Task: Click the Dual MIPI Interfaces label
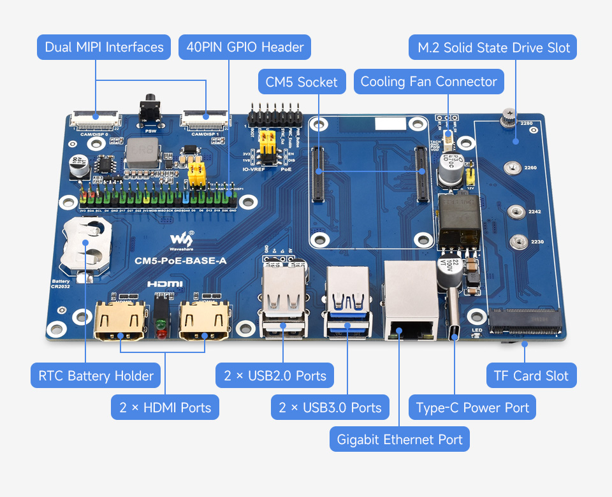click(104, 47)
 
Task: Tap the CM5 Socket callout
click(302, 82)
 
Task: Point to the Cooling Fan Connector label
click(428, 82)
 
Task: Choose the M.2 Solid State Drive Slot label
click(493, 47)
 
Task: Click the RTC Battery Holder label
click(96, 376)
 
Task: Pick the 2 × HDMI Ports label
click(165, 408)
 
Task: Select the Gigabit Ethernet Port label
click(400, 440)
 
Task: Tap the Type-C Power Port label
click(472, 408)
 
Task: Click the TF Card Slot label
click(531, 376)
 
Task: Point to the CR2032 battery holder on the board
click(86, 245)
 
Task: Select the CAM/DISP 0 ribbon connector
click(94, 117)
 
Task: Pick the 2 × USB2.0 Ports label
click(275, 376)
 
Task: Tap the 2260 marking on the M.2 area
click(530, 168)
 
